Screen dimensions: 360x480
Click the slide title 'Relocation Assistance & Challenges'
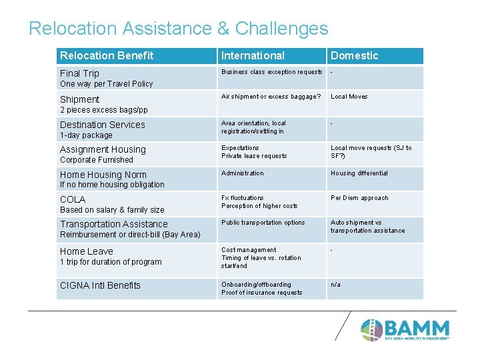[x=179, y=29]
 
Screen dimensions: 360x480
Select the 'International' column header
[x=253, y=56]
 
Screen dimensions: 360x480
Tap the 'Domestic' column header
[x=354, y=56]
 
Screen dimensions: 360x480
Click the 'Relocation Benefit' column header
[x=107, y=56]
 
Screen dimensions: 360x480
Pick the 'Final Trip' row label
[x=79, y=73]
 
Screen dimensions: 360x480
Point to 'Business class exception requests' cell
[x=271, y=72]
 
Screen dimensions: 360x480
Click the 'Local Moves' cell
[x=349, y=97]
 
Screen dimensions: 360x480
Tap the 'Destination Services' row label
[x=102, y=125]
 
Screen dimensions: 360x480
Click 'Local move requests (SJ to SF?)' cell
[x=371, y=152]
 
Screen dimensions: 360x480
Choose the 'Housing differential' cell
[x=359, y=173]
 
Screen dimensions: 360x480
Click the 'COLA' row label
[x=73, y=199]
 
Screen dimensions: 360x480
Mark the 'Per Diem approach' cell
[x=359, y=198]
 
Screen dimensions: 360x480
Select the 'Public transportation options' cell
[x=263, y=223]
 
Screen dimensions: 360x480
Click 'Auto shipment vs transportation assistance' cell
[x=367, y=227]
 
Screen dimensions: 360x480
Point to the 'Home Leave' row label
[x=87, y=251]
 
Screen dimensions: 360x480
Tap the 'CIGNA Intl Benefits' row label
[x=100, y=285]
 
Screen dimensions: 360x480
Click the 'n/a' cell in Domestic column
[x=335, y=285]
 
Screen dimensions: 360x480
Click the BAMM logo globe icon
[x=371, y=329]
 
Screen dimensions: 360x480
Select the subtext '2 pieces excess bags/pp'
[x=104, y=110]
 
